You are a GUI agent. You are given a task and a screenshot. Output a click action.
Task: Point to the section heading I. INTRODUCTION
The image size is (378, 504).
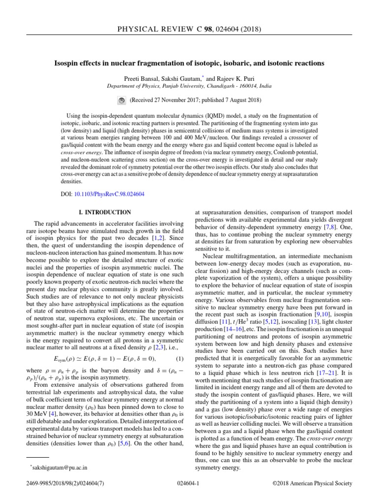pyautogui.click(x=105, y=213)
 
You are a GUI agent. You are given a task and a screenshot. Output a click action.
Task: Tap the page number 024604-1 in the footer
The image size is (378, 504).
pyautogui.click(x=189, y=484)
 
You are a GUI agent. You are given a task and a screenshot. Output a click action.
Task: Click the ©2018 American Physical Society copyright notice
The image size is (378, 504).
pyautogui.click(x=313, y=484)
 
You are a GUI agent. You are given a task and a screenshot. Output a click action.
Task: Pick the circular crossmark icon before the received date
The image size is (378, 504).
pyautogui.click(x=123, y=100)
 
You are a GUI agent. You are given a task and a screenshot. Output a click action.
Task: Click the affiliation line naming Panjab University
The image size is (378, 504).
pyautogui.click(x=189, y=86)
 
